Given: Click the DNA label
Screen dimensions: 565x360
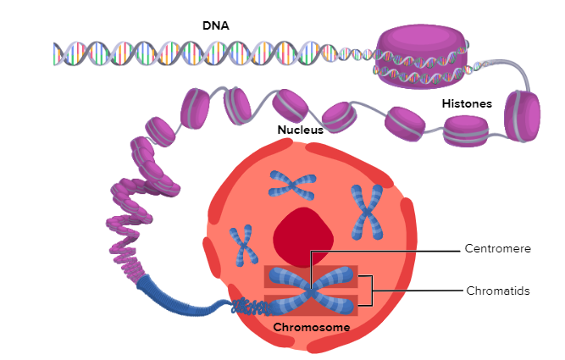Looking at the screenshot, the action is point(215,25).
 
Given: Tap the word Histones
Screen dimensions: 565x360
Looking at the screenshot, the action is point(467,104).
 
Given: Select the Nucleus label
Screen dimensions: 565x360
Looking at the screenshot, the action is point(300,130).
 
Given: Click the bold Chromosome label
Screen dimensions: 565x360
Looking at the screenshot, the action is point(312,327).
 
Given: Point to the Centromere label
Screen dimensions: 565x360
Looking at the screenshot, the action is point(497,248).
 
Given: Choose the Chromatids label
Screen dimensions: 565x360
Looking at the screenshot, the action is point(498,291).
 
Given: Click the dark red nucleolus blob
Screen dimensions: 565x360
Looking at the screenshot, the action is point(303,237).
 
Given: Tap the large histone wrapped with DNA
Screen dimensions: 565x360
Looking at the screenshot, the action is point(421,56).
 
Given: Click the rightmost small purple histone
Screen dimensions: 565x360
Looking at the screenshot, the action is point(522,116).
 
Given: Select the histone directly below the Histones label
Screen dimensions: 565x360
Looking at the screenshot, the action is point(466,131).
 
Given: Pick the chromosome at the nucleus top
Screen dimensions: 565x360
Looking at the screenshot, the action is point(292,186).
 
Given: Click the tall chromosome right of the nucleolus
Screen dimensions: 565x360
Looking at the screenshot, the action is point(367,213).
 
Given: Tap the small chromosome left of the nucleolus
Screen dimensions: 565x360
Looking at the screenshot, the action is point(244,246).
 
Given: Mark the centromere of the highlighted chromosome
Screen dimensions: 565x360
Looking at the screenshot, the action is point(311,290).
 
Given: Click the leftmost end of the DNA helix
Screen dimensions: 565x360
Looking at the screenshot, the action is point(54,54).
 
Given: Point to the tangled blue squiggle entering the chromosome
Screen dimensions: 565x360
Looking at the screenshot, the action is point(251,307).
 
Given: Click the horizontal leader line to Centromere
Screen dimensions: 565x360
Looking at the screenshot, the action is point(385,252).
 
